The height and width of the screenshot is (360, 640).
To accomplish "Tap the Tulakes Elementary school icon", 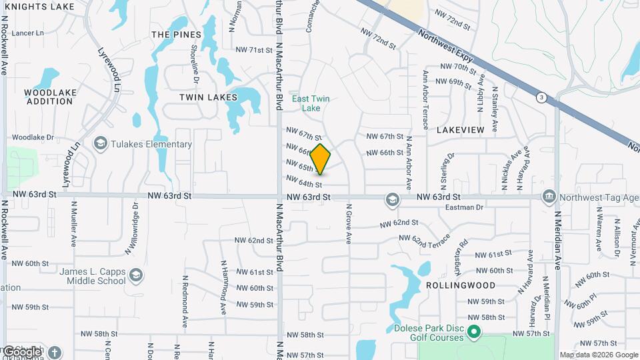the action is (x=100, y=143).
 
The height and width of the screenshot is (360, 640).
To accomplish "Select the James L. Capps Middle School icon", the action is (x=136, y=275).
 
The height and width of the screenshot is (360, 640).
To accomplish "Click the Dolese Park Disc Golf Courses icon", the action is (x=474, y=331).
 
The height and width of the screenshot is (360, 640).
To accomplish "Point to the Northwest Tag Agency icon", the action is (x=549, y=196).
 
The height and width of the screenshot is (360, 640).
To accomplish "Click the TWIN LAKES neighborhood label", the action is (x=208, y=97).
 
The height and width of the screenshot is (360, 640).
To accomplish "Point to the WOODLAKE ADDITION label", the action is (x=49, y=97).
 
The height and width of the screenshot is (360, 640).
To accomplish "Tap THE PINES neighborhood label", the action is (x=176, y=35).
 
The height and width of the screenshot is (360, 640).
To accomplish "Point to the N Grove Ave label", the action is (x=348, y=223).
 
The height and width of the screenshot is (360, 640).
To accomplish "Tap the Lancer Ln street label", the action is (x=27, y=33).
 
